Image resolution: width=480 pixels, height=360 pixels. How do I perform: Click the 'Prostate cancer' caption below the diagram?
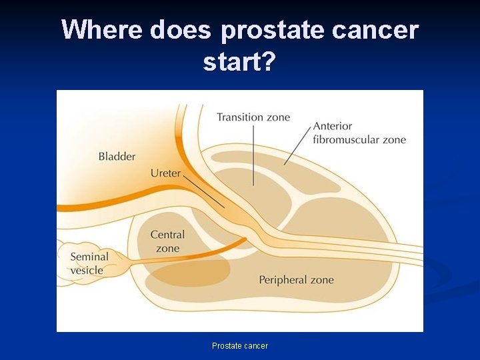pyautogui.click(x=240, y=346)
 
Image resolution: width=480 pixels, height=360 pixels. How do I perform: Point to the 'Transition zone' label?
pyautogui.click(x=253, y=117)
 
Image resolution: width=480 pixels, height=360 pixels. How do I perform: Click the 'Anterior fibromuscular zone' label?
pyautogui.click(x=359, y=133)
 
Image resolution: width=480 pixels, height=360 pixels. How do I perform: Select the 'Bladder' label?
pyautogui.click(x=117, y=157)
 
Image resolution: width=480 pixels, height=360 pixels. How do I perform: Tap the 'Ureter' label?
pyautogui.click(x=165, y=173)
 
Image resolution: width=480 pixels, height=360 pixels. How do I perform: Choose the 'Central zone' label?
pyautogui.click(x=167, y=241)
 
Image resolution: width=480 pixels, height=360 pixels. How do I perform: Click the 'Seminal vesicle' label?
pyautogui.click(x=89, y=263)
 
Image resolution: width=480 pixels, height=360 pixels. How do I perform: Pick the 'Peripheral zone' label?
pyautogui.click(x=296, y=279)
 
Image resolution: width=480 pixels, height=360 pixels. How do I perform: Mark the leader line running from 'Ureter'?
pyautogui.click(x=203, y=191)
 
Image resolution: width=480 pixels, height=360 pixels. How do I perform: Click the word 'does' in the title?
pyautogui.click(x=181, y=30)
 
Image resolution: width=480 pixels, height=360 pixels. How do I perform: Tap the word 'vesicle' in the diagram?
pyautogui.click(x=87, y=270)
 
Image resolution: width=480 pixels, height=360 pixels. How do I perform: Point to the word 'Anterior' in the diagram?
pyautogui.click(x=333, y=126)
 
